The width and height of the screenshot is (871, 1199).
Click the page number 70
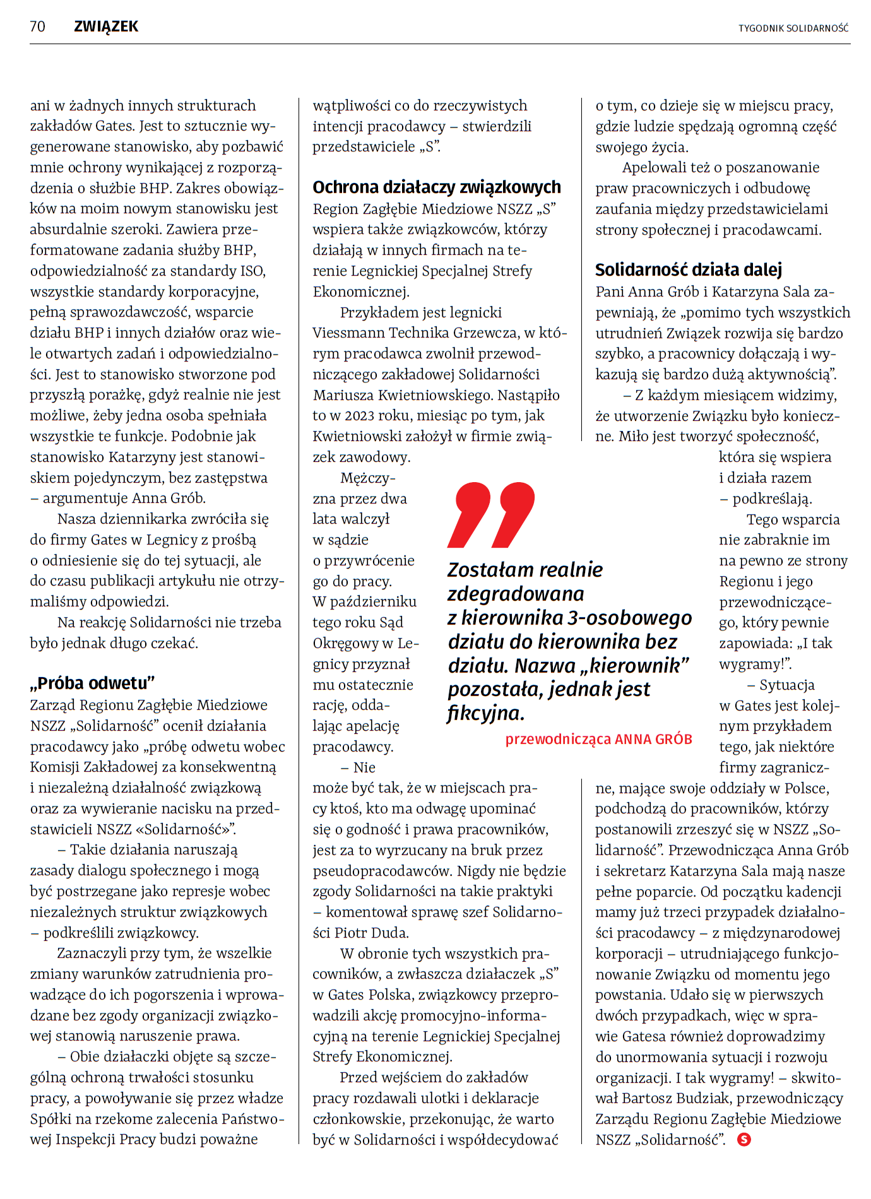point(37,27)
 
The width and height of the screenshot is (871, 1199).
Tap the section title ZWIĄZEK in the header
point(106,27)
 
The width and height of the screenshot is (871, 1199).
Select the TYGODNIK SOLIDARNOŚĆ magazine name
point(793,28)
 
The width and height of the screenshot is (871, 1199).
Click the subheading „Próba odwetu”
point(93,683)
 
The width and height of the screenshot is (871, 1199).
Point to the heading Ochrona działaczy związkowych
point(437,187)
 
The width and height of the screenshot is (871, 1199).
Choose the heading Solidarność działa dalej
point(689,270)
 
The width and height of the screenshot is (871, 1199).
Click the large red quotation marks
point(491,514)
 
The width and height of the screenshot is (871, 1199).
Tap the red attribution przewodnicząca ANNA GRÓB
point(598,739)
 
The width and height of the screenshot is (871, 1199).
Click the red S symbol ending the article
point(744,1140)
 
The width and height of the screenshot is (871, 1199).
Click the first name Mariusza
point(341,395)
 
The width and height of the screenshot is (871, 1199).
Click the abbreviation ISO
point(252,271)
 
